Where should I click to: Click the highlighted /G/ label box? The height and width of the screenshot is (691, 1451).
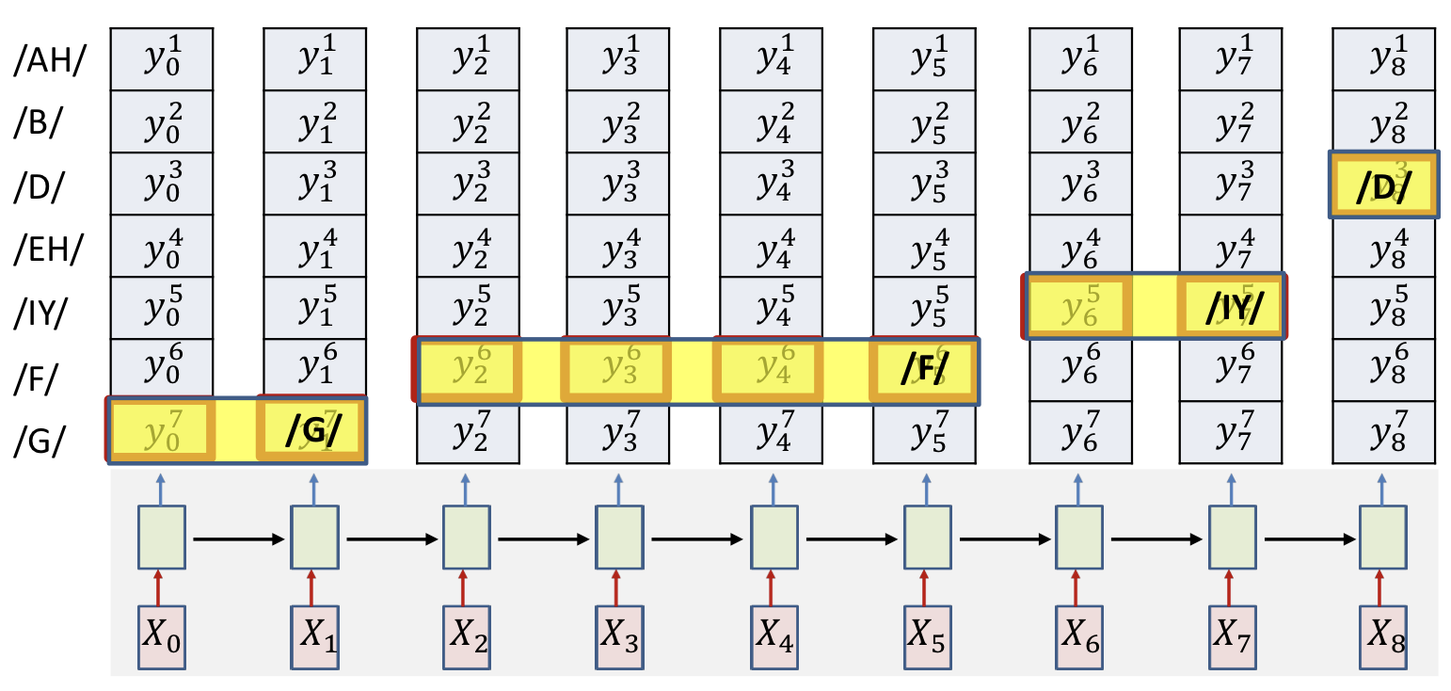[311, 430]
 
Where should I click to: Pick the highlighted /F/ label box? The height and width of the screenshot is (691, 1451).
[923, 372]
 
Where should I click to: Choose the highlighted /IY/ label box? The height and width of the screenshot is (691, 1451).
[1231, 307]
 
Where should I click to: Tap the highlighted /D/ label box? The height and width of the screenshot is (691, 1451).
[1383, 185]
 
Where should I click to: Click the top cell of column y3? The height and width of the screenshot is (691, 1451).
[617, 59]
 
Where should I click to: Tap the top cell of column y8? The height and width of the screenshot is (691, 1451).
[1383, 59]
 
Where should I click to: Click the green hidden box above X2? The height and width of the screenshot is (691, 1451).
[466, 538]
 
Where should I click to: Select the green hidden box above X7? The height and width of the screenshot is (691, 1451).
[1232, 538]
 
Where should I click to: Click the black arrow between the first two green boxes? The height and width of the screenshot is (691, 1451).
[238, 539]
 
